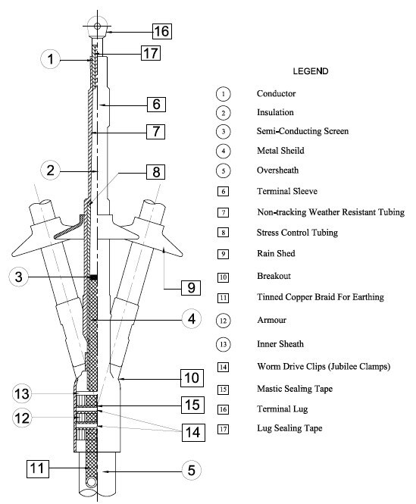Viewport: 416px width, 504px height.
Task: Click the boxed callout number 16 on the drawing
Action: (161, 31)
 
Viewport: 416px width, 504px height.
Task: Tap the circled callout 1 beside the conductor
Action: (51, 59)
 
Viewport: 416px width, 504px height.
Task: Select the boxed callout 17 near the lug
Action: (151, 53)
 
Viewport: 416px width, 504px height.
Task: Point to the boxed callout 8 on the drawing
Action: (156, 172)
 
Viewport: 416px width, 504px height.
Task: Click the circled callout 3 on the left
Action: (18, 277)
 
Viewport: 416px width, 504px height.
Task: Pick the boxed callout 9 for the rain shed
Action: (191, 287)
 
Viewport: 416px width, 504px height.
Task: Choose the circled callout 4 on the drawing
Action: (192, 319)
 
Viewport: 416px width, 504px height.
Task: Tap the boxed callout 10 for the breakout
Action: (192, 377)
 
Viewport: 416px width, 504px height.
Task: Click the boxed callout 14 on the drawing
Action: (193, 433)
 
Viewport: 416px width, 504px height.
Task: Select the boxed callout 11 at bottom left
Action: (38, 468)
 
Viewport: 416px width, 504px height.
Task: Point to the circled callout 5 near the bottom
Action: (192, 470)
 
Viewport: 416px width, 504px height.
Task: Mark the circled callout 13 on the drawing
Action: (22, 394)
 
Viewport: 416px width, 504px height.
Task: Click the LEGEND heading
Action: (311, 71)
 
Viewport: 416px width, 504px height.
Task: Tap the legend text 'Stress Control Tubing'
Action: (297, 233)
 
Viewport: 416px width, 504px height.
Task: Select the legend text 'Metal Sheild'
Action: (280, 150)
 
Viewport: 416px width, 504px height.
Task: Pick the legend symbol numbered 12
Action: (223, 321)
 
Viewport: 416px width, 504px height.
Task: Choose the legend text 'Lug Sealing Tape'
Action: (289, 428)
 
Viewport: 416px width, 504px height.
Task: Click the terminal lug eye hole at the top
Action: (97, 27)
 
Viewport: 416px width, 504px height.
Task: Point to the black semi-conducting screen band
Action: (93, 277)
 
